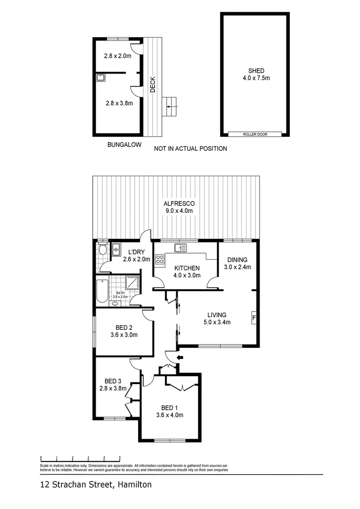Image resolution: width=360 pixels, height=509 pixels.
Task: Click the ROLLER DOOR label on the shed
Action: pos(255,134)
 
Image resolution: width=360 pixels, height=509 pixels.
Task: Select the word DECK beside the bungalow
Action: pos(153,85)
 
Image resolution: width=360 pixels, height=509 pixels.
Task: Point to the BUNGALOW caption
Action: pos(124,145)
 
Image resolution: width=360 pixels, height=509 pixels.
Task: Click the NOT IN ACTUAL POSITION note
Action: pos(190,148)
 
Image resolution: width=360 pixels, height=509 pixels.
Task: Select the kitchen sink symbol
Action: pos(180,247)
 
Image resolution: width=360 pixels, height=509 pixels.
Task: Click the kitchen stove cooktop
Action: pos(160,259)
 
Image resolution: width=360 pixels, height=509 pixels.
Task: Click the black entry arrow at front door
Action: pos(180,358)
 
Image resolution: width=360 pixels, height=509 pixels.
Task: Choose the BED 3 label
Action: pos(114,381)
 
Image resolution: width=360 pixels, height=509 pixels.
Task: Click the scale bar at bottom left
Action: pos(80,458)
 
